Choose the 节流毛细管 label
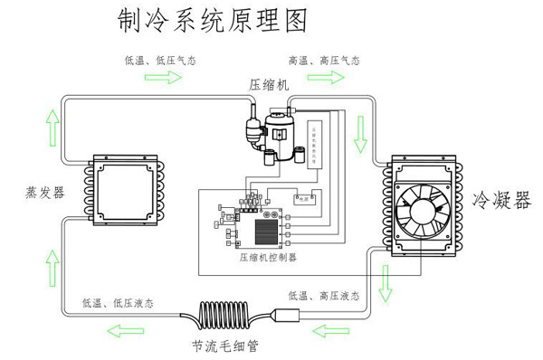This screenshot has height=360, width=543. (x=224, y=346)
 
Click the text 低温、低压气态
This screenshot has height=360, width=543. (x=160, y=61)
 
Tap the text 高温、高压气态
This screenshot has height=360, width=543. (x=324, y=61)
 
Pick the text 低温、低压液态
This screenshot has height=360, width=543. (x=117, y=302)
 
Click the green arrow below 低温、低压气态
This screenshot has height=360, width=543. (x=160, y=79)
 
